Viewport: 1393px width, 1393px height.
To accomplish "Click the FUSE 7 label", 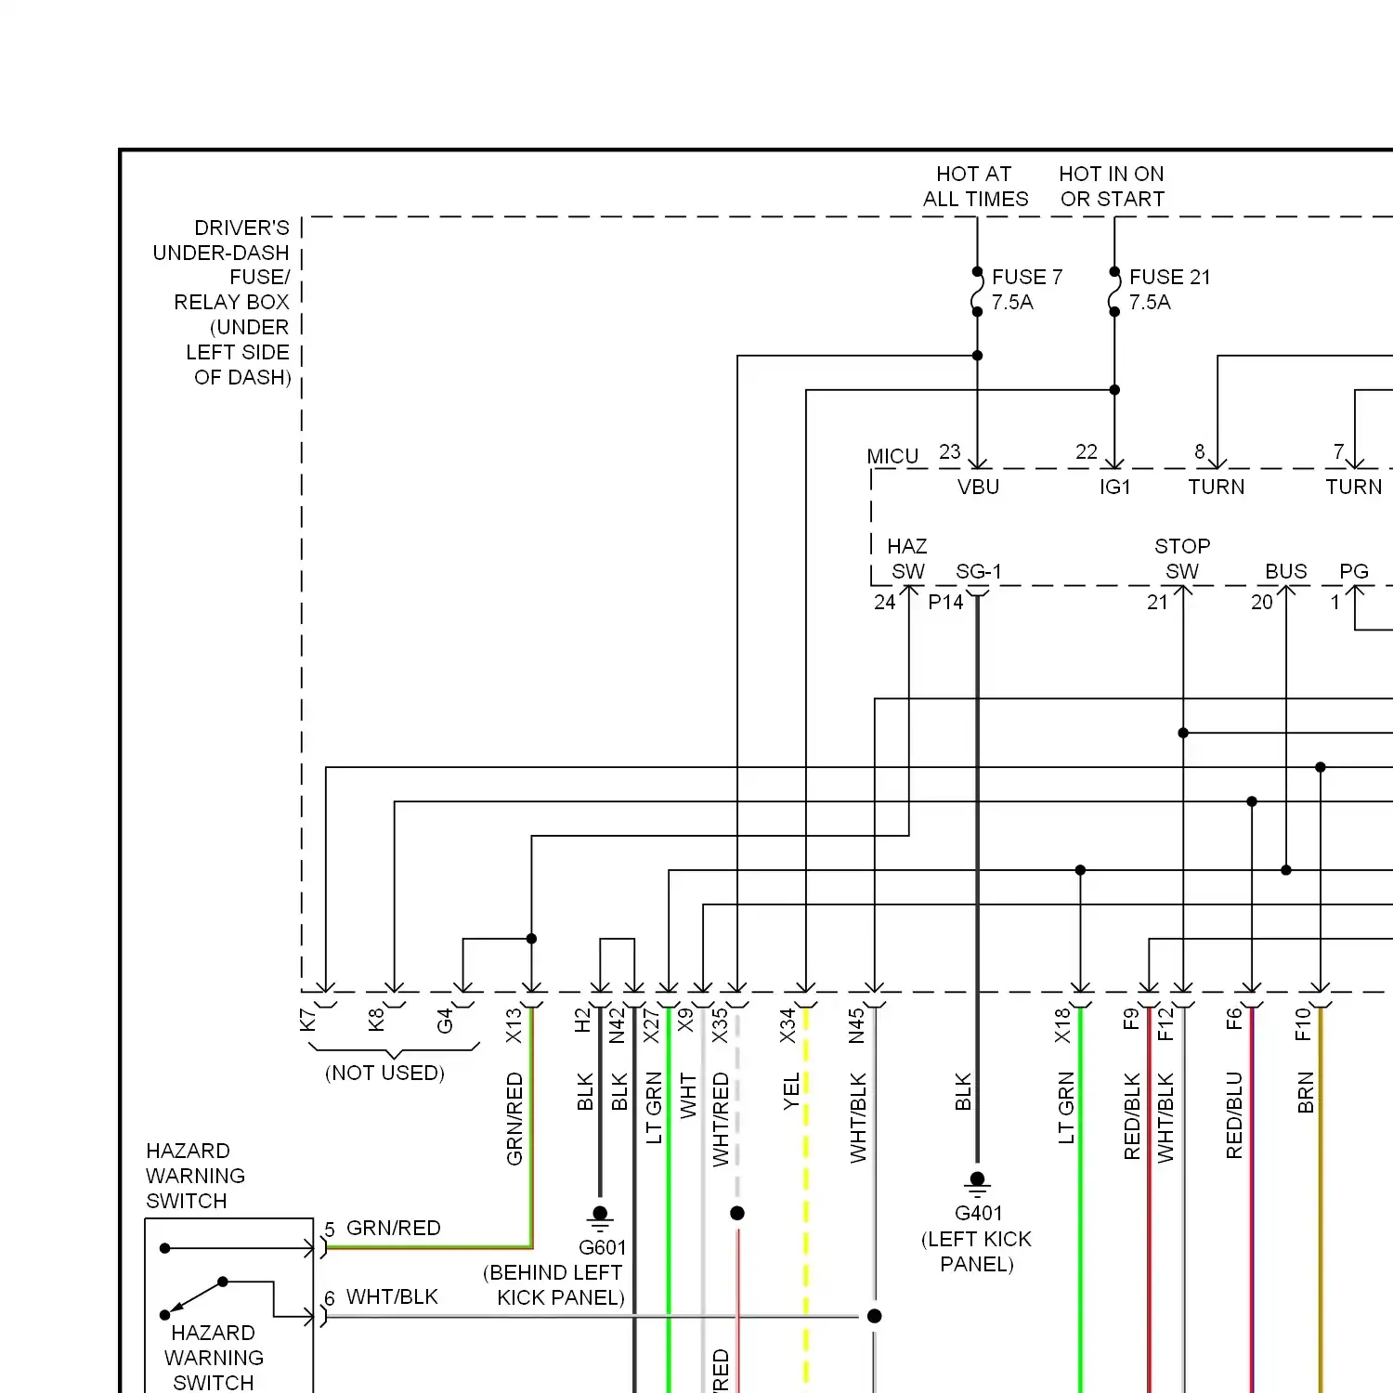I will [1026, 277].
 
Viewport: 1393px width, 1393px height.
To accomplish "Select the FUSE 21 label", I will [1169, 277].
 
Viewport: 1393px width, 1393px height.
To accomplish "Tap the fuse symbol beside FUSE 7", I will [977, 292].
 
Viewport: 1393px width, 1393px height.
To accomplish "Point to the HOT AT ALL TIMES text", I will [975, 187].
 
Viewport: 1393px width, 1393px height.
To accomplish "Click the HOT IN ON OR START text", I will [1112, 187].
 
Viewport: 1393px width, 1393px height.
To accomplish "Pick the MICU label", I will [892, 456].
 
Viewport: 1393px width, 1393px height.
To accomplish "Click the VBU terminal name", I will [978, 487].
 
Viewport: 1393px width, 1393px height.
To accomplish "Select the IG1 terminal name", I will [1114, 487].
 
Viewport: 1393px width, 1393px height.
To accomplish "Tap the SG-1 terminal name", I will [979, 571].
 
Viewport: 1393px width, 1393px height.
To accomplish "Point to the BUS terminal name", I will [1285, 571].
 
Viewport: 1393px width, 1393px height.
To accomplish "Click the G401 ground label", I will [978, 1213].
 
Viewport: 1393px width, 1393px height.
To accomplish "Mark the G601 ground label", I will [602, 1247].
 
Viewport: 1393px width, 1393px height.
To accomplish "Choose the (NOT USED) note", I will [384, 1073].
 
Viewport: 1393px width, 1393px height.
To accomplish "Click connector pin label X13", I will [514, 1025].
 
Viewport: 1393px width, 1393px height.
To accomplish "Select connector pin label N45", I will [856, 1025].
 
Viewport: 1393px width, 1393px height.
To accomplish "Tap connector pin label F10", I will [1302, 1023].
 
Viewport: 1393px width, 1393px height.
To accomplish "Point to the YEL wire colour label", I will [791, 1092].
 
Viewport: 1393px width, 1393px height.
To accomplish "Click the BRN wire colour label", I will [1306, 1092].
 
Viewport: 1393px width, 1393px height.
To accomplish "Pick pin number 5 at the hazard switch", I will [330, 1230].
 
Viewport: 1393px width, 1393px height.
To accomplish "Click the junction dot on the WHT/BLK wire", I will [874, 1316].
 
